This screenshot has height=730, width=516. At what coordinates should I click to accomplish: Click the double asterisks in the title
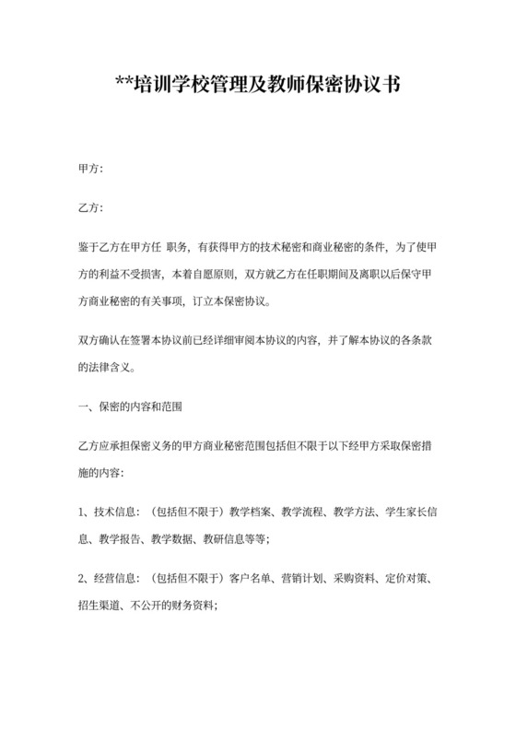126,88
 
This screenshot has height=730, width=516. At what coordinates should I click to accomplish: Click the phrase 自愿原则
213,274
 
